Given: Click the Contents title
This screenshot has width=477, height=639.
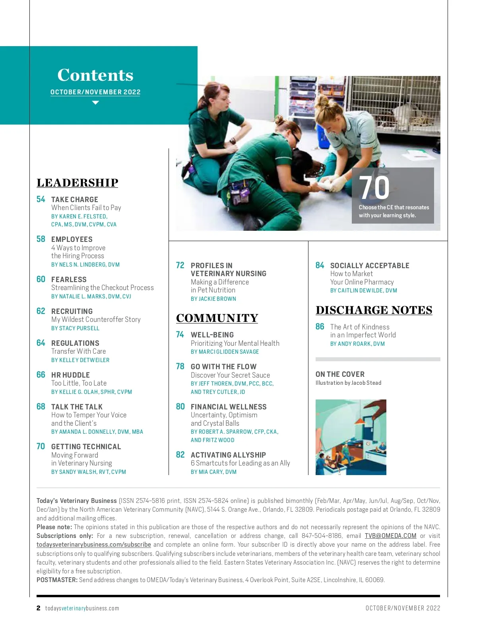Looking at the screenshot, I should (95, 75).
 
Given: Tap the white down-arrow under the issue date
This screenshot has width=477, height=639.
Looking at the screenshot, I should (95, 103).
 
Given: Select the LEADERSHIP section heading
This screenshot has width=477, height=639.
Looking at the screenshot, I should (78, 183).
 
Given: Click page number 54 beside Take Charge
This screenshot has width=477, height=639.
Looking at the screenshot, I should (41, 199).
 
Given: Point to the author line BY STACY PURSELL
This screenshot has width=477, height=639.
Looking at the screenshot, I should (75, 328).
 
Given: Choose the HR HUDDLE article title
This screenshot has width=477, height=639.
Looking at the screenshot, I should (70, 375).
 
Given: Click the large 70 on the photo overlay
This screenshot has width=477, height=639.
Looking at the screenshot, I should (374, 188).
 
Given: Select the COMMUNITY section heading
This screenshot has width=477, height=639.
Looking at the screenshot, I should (217, 318).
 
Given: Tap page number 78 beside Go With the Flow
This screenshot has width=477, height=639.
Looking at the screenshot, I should (180, 366).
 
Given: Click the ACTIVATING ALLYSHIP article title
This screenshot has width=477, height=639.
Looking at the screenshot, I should (228, 455).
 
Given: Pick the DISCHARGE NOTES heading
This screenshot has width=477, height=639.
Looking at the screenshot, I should (374, 310).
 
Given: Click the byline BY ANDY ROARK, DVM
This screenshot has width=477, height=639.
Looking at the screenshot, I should (357, 344).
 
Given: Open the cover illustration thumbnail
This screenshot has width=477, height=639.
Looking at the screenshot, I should (351, 437).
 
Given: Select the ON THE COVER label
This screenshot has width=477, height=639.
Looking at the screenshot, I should (340, 374).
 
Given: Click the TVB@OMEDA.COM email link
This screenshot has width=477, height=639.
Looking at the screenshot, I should (390, 536).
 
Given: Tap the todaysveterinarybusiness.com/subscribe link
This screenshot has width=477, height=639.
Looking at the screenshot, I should (93, 545).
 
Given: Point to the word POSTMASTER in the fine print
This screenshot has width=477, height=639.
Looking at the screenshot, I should (57, 580).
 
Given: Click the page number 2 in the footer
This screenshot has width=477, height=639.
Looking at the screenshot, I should (39, 608).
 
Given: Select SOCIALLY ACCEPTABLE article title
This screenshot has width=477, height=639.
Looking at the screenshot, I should (369, 265).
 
